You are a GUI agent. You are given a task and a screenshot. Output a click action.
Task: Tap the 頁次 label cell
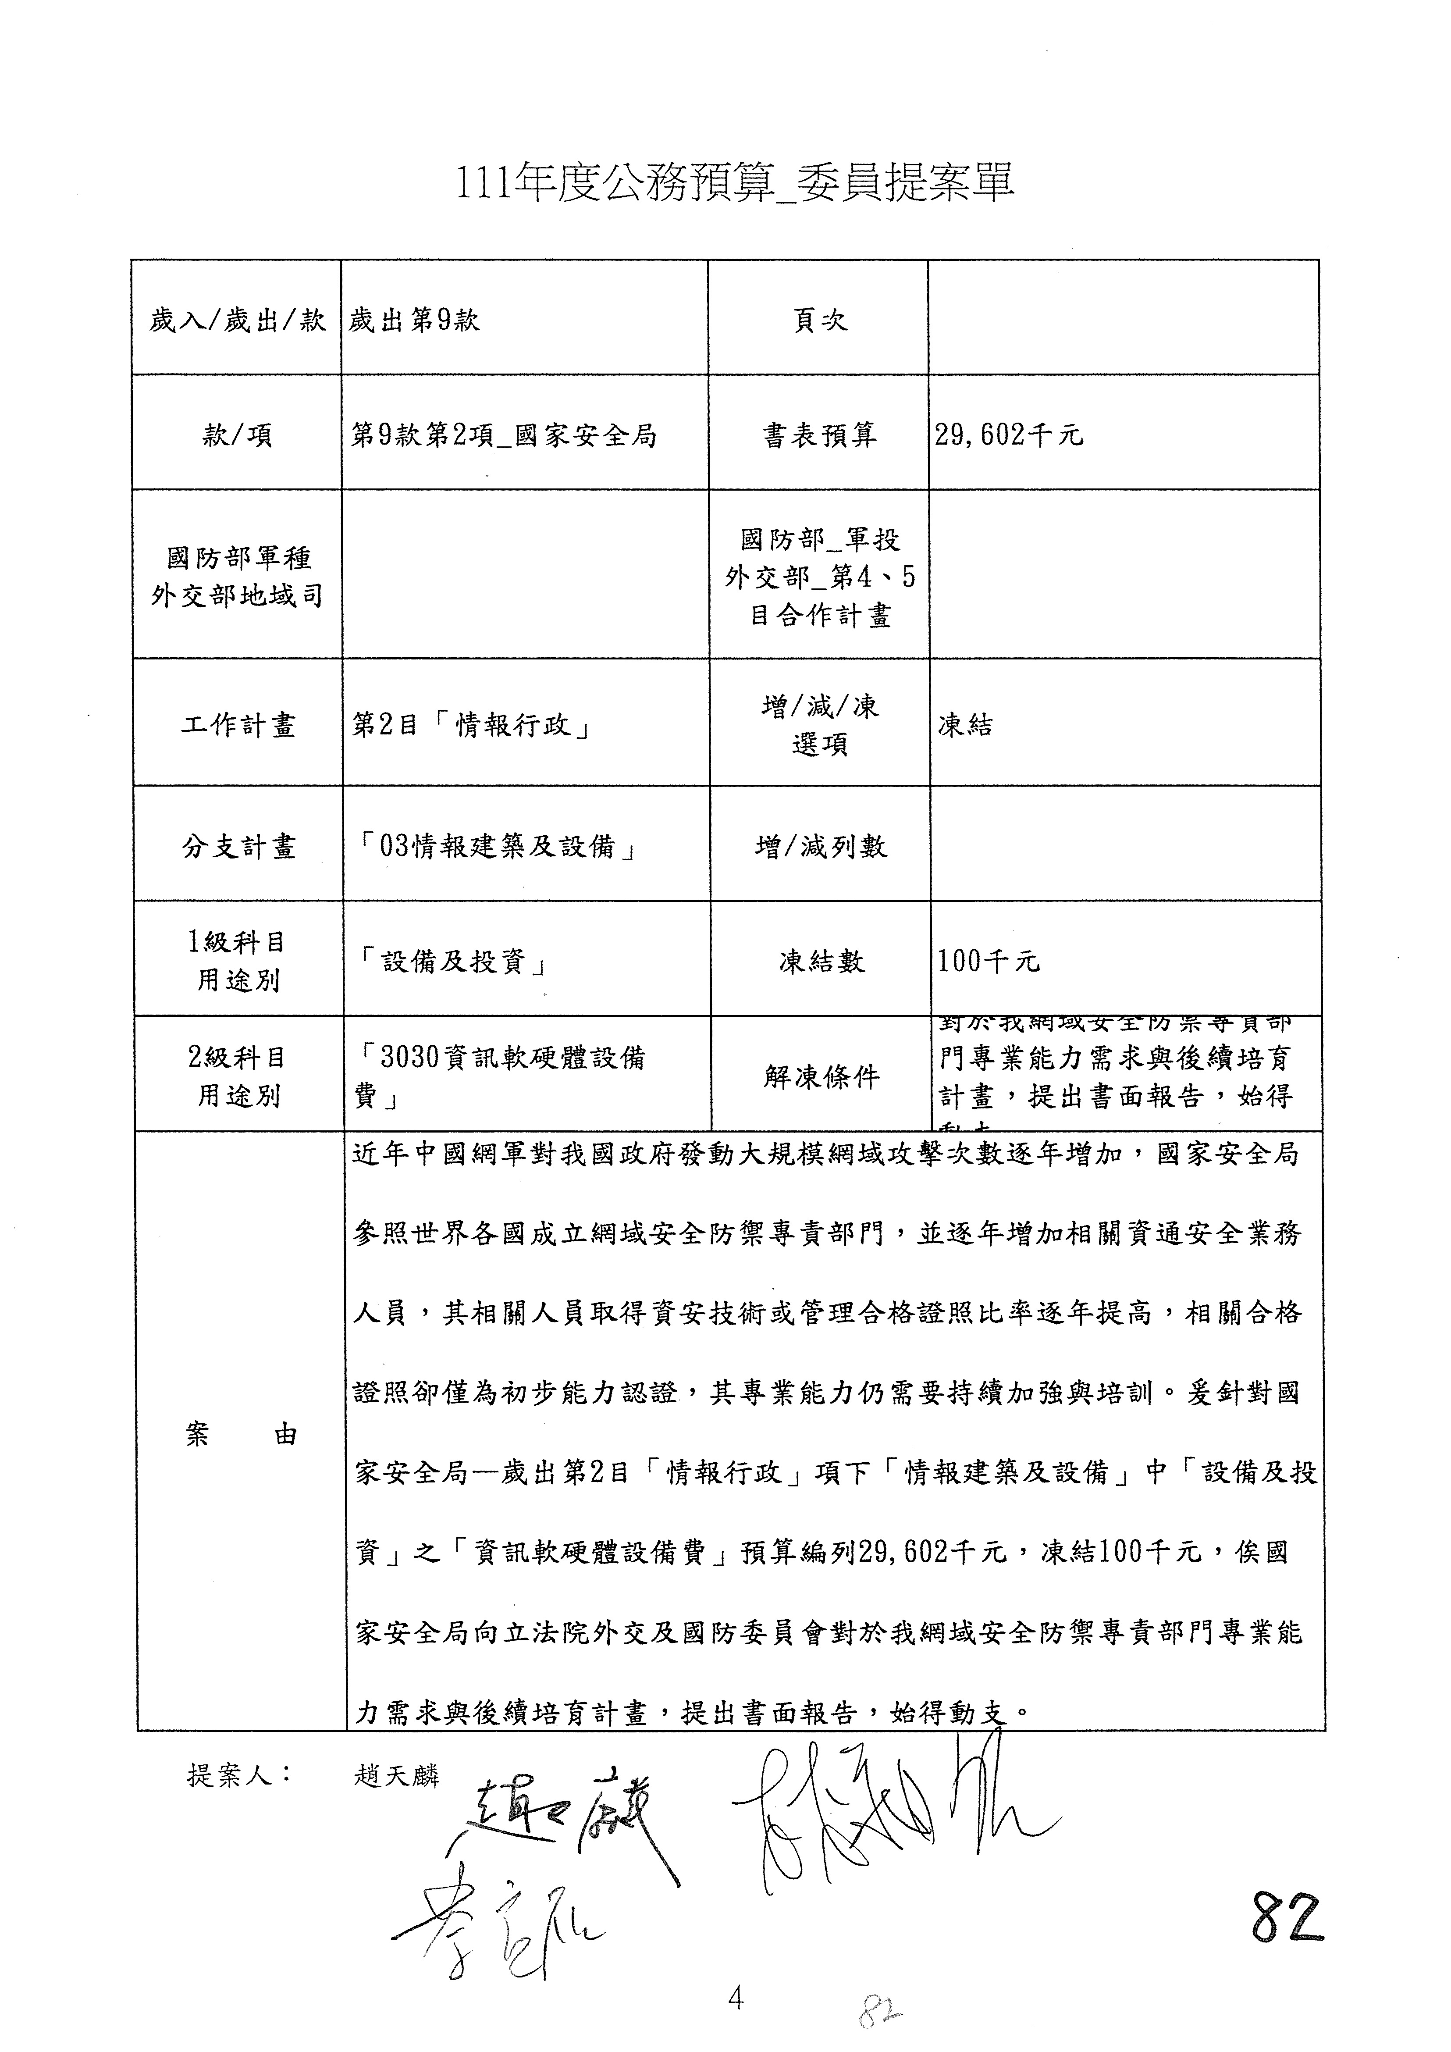coord(819,320)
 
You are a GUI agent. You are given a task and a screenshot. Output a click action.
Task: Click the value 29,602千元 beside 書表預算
coord(1009,435)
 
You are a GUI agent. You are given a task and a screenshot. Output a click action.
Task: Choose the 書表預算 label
coord(819,435)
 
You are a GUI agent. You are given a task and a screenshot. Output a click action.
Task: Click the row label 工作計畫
coord(238,725)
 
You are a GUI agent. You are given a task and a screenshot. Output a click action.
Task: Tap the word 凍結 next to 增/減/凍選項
coord(965,725)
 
